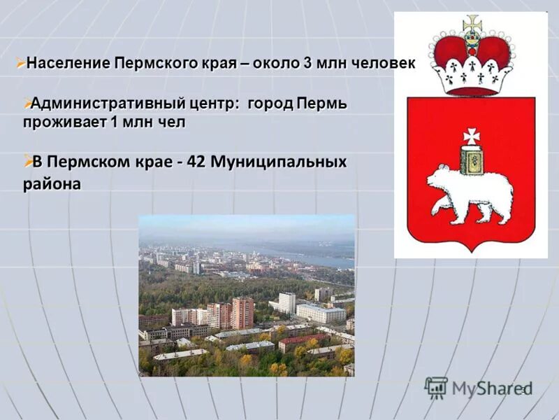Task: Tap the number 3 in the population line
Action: point(307,63)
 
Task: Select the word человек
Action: point(384,63)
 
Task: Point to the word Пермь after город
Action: point(321,104)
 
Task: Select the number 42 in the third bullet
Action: point(196,162)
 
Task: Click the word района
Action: point(51,185)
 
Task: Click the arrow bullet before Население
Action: point(20,62)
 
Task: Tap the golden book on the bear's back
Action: point(470,160)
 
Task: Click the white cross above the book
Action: point(471,134)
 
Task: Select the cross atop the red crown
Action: point(472,22)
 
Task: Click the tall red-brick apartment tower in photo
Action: point(242,312)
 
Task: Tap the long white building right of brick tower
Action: point(319,313)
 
